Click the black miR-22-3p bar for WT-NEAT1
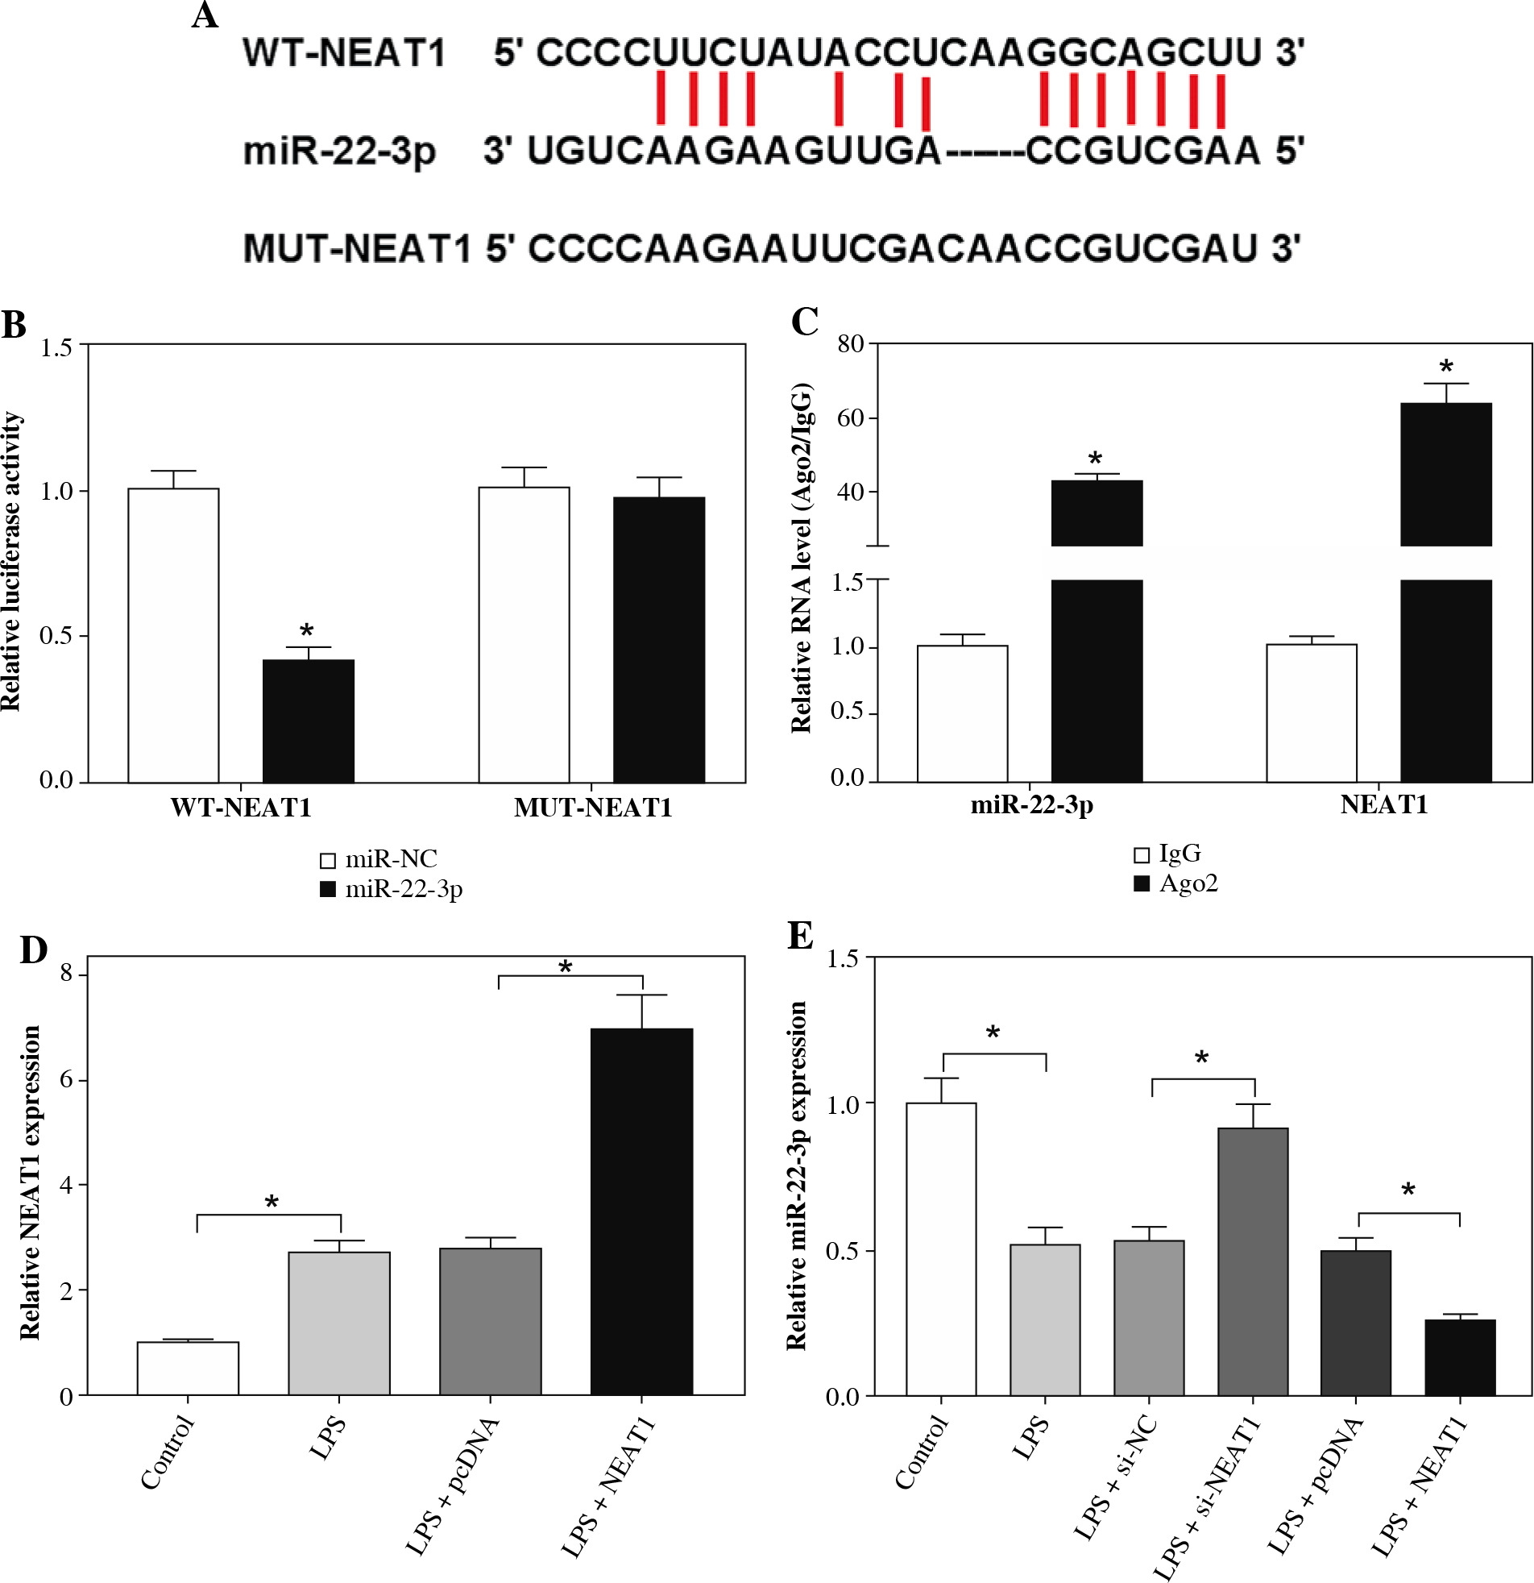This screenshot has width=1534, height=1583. (x=309, y=721)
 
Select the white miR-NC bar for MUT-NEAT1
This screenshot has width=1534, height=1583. (x=524, y=635)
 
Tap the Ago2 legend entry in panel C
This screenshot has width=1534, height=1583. (x=1177, y=883)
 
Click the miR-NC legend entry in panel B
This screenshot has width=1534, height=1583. (x=379, y=858)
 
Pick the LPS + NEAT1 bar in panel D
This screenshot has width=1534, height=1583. (x=642, y=1212)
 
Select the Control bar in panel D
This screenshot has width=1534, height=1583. (x=187, y=1368)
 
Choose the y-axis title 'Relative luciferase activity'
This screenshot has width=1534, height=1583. (x=11, y=562)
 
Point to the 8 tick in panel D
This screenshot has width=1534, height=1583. (x=67, y=974)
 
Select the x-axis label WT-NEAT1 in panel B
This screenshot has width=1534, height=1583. (x=241, y=808)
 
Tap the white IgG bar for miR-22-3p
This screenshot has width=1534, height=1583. (x=963, y=713)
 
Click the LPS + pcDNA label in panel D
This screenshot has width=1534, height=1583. (x=452, y=1486)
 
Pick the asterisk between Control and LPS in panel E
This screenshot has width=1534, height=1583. (x=993, y=1033)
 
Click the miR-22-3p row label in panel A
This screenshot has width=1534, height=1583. (x=339, y=151)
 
